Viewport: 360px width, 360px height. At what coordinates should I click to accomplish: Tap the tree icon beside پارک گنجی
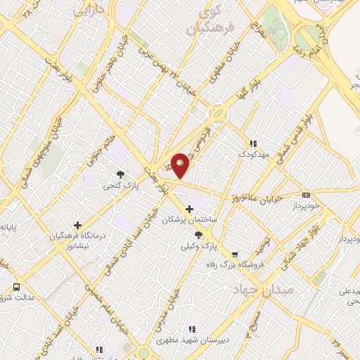point(120,174)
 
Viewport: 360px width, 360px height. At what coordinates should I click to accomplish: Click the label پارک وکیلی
point(199,247)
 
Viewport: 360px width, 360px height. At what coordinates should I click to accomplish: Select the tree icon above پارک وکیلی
point(198,236)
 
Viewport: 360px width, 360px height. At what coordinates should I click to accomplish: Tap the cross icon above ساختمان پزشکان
point(189,208)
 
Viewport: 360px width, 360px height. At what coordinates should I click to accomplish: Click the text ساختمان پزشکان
point(191,220)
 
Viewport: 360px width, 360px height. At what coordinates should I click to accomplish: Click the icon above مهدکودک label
point(252,143)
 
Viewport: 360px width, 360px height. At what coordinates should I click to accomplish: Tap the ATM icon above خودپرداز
point(306,195)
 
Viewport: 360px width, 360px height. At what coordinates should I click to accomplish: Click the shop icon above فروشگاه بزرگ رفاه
point(235,255)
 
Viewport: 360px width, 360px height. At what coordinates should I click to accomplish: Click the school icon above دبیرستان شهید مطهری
point(191,328)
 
